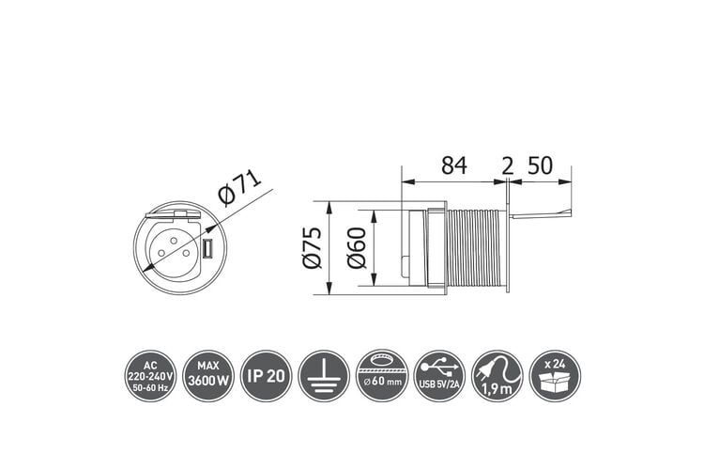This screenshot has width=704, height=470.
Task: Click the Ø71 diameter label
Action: point(239,188)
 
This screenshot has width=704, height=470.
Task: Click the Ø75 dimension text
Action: point(313,248)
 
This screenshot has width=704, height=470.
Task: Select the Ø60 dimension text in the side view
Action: point(358,248)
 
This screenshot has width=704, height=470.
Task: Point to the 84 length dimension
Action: point(454,165)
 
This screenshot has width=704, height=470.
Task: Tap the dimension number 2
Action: point(507,167)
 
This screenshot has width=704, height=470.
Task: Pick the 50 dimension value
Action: point(540,165)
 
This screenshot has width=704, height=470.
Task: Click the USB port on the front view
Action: point(207,250)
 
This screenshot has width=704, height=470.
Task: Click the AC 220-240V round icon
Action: point(150,376)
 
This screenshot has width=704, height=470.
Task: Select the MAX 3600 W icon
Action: point(208,376)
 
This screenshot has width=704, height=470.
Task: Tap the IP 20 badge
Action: point(267,376)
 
